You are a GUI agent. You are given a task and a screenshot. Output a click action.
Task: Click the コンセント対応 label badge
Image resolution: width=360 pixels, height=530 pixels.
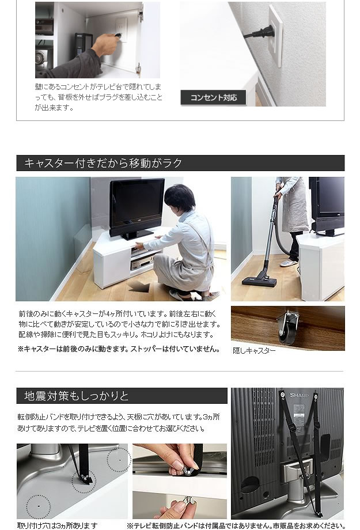(213, 98)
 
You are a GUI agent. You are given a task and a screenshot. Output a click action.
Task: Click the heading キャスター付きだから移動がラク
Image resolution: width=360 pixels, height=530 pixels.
(103, 163)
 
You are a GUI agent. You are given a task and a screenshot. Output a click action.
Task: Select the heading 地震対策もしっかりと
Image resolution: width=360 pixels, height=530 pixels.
(77, 396)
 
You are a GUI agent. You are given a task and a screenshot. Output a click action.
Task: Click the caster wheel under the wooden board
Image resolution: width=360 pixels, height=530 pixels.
(287, 330)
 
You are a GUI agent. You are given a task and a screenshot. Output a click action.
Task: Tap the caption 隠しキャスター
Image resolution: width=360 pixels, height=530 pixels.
(254, 351)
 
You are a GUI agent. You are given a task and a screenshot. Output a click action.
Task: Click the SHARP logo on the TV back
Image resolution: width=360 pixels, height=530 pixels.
(299, 395)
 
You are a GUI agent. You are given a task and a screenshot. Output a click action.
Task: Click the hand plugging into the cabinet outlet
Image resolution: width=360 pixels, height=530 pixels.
(106, 44)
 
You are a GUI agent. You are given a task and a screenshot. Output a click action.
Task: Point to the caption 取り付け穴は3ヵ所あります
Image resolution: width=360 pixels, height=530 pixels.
(58, 525)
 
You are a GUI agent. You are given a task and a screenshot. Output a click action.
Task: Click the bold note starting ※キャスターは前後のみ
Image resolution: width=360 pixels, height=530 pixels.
(119, 349)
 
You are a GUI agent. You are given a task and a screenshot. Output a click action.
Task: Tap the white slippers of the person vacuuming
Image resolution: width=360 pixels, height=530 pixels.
(289, 263)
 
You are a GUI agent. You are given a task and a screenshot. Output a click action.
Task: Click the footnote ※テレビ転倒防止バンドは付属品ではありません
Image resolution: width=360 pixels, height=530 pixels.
(236, 525)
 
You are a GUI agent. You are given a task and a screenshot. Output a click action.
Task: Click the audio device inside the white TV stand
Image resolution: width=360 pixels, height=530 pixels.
(142, 263)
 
